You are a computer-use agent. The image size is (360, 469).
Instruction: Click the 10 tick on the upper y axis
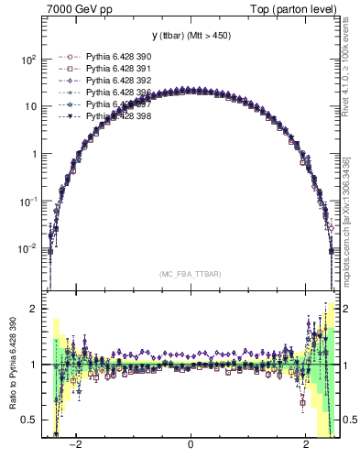pos(32,106)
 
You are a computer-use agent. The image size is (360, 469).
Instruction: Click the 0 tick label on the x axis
pos(191,446)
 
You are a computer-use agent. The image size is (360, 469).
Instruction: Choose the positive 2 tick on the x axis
pos(306,446)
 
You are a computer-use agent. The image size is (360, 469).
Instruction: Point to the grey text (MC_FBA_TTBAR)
pos(191,273)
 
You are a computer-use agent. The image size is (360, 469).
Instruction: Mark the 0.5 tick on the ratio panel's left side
pos(29,420)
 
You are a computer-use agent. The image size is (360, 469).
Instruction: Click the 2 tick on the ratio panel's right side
pos(346,309)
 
